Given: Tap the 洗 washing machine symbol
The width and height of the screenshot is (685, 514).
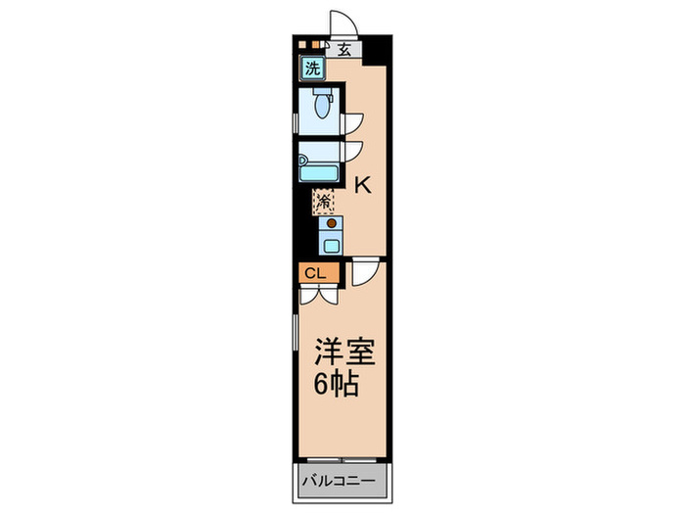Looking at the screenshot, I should (312, 69).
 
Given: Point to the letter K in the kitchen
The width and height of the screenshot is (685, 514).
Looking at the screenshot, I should (361, 183).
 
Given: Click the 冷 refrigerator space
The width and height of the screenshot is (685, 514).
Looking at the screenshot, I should (324, 203).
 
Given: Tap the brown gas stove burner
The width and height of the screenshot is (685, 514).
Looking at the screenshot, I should (330, 223).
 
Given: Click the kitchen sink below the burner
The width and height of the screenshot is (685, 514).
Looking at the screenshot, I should (331, 243).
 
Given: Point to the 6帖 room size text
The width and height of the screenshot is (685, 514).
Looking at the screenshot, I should (337, 383).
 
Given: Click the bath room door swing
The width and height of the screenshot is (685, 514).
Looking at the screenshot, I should (352, 151).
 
